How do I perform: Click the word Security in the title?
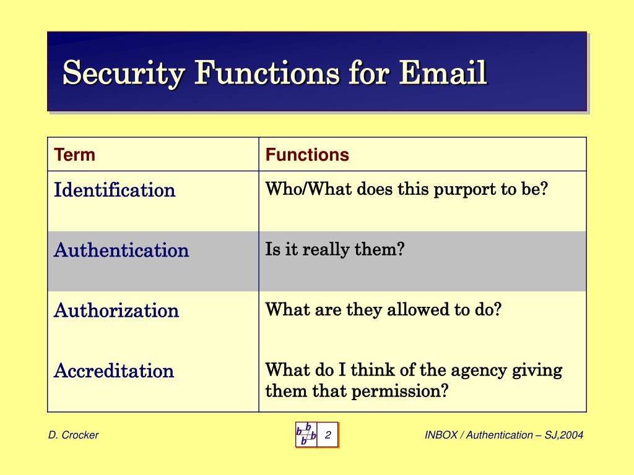(124, 74)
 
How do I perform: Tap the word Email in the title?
(443, 74)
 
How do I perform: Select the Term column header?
(74, 155)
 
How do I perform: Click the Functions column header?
(307, 155)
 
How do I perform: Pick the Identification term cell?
(115, 190)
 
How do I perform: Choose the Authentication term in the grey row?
(121, 250)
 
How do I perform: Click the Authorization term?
(116, 310)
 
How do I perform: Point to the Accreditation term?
(114, 371)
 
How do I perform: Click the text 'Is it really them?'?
(334, 250)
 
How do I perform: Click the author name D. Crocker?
(73, 435)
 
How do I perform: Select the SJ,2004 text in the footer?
(564, 435)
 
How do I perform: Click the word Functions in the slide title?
(267, 74)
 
